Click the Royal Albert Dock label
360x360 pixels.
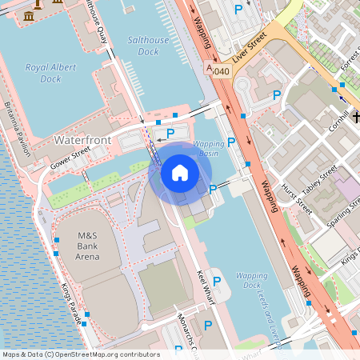54,74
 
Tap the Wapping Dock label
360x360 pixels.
251,280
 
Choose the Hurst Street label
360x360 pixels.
298,197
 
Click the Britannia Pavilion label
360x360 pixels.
22,128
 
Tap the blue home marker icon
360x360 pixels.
180,173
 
